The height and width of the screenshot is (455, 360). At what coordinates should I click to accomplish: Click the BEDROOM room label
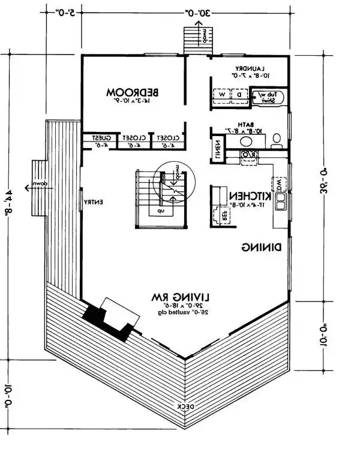[132, 92]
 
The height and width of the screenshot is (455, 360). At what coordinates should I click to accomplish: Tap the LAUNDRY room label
[250, 68]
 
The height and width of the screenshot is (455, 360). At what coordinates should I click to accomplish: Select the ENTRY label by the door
[94, 202]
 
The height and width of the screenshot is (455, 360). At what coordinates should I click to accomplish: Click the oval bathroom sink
[246, 141]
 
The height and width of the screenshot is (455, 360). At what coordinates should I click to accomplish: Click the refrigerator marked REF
[220, 215]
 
